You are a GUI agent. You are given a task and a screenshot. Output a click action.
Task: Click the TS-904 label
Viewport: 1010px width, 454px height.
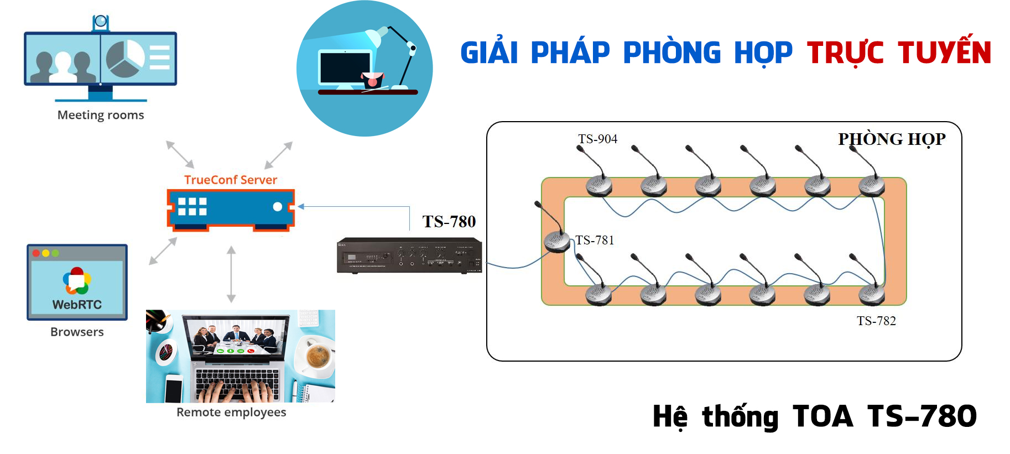[597, 139]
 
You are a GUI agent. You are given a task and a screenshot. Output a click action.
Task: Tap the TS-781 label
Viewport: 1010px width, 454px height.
[595, 240]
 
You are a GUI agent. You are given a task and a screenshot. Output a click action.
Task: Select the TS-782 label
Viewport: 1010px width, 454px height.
[876, 321]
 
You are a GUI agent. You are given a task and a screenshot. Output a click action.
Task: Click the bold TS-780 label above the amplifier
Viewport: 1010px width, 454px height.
[449, 222]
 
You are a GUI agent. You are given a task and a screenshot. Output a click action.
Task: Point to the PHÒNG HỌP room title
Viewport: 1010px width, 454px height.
[892, 139]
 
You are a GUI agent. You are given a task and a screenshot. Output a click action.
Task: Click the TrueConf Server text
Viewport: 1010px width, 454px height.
[231, 180]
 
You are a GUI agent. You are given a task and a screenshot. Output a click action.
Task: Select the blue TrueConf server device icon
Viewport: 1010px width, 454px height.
[231, 209]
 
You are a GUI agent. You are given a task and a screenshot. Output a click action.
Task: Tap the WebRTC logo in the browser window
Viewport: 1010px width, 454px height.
[77, 281]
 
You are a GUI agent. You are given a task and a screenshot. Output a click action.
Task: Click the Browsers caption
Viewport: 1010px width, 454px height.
[77, 332]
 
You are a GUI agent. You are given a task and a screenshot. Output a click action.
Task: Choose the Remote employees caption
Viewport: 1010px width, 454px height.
[231, 412]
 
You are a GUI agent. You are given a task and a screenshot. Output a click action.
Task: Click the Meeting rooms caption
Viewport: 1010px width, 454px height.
[101, 115]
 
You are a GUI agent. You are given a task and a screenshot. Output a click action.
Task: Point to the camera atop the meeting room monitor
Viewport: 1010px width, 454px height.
[101, 22]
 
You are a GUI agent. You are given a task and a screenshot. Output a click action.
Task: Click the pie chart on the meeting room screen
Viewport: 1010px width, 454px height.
[125, 58]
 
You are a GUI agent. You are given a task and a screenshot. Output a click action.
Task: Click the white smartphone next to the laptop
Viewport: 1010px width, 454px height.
[174, 388]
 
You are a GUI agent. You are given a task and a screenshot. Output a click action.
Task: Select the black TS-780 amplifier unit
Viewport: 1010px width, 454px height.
[409, 255]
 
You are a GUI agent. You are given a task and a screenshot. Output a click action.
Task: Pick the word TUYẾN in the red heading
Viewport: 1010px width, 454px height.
[944, 53]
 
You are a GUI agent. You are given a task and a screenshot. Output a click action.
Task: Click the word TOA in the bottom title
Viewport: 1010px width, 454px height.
[822, 416]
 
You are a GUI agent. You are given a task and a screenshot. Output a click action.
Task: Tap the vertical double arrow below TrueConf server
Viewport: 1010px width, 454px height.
[231, 274]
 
